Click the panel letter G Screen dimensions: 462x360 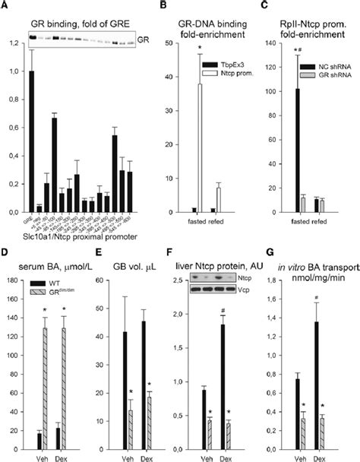(x=271, y=244)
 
